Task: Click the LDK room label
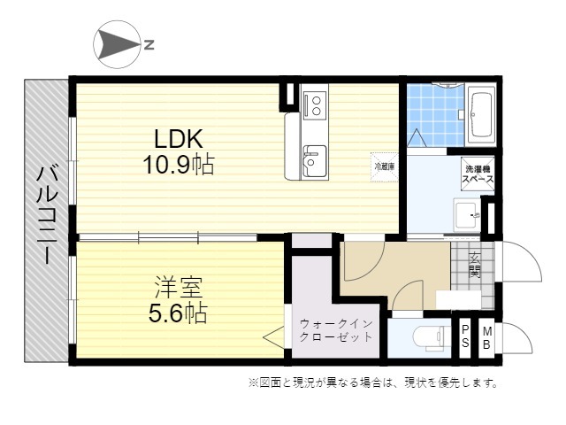click(x=179, y=138)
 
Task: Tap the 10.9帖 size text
click(x=179, y=165)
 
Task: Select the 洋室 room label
click(x=179, y=287)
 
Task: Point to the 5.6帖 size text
click(x=179, y=313)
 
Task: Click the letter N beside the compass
click(x=149, y=45)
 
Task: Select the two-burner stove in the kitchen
click(x=316, y=105)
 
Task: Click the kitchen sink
click(x=315, y=161)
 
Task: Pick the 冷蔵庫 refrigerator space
click(x=385, y=167)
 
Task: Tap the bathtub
click(x=481, y=114)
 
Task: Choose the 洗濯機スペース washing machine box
click(x=478, y=174)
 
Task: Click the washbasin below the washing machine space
click(x=467, y=214)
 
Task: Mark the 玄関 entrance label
click(x=475, y=265)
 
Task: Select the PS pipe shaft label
click(x=465, y=336)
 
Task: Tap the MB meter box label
click(x=487, y=338)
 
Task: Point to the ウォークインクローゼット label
click(x=336, y=330)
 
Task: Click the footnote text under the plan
click(x=373, y=382)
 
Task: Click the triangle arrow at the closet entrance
click(x=274, y=337)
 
